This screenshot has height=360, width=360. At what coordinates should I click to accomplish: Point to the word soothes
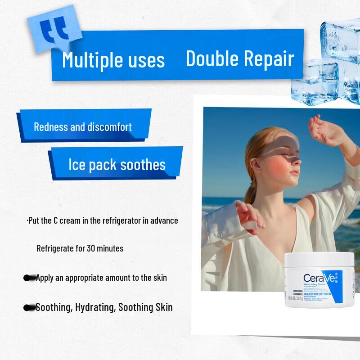click(143, 165)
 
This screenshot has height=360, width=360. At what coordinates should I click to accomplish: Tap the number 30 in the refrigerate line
click(90, 248)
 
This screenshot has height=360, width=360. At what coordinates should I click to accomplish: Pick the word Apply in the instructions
click(45, 278)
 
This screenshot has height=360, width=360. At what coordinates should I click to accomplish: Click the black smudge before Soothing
click(29, 308)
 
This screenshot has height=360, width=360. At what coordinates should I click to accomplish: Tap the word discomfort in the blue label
click(108, 127)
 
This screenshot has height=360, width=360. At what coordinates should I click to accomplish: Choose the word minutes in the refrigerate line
click(110, 248)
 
